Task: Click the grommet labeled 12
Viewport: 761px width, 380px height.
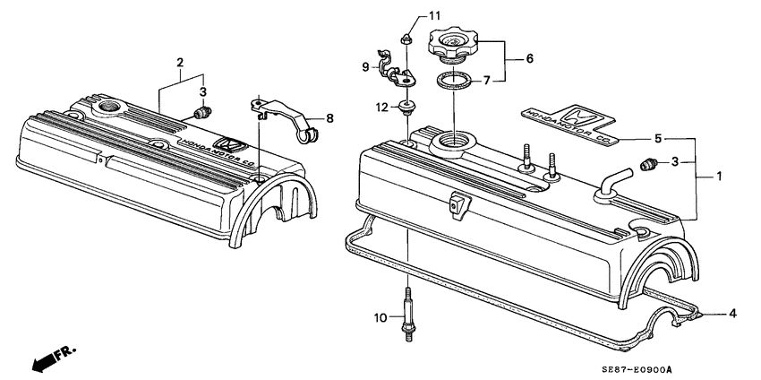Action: (x=407, y=108)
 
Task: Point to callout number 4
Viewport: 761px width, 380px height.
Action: (x=732, y=314)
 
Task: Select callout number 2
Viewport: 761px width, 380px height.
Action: (x=180, y=62)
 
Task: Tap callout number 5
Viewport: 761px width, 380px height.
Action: (x=659, y=139)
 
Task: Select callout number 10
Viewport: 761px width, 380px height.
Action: (x=380, y=317)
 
